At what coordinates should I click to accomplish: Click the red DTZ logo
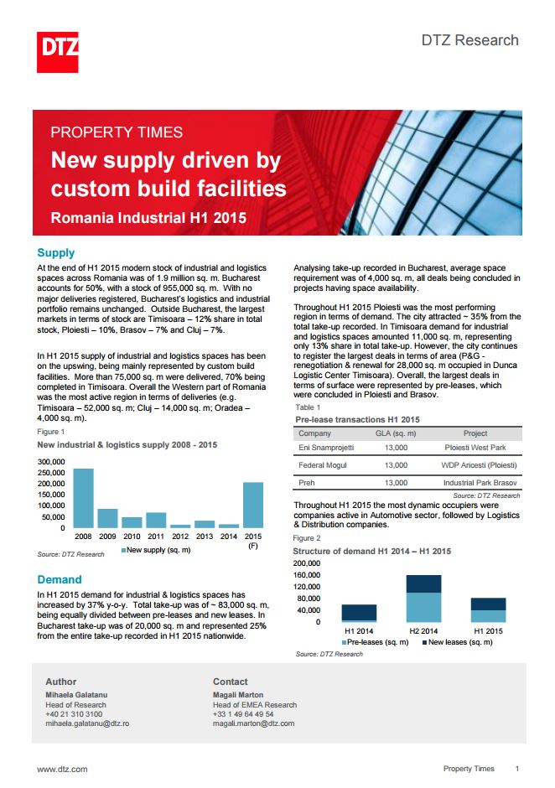pos(57,52)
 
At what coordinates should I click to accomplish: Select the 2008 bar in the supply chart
pos(84,498)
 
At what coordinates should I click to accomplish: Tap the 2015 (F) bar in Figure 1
pos(253,505)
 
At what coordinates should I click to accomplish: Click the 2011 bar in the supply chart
pos(156,520)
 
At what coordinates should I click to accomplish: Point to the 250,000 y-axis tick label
pos(51,473)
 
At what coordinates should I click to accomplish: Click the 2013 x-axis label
pos(205,537)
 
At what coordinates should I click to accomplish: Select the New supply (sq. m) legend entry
pos(156,550)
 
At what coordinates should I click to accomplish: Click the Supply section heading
pos(56,253)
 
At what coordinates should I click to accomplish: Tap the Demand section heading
pos(60,579)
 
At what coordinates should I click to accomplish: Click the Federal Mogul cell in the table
pos(323,465)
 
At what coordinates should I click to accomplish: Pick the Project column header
pos(475,433)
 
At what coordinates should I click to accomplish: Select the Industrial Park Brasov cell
pos(480,483)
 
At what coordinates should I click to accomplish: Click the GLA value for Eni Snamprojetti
pos(397,448)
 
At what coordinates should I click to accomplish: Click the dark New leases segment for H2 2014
pos(423,584)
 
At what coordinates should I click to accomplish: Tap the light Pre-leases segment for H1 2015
pos(489,616)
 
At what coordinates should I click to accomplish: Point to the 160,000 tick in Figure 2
pos(307,575)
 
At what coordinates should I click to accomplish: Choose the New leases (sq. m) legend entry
pos(458,642)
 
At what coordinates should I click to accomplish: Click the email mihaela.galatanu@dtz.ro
pos(87,723)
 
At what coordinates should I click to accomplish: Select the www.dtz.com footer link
pos(62,770)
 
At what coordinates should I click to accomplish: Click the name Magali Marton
pos(238,695)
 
